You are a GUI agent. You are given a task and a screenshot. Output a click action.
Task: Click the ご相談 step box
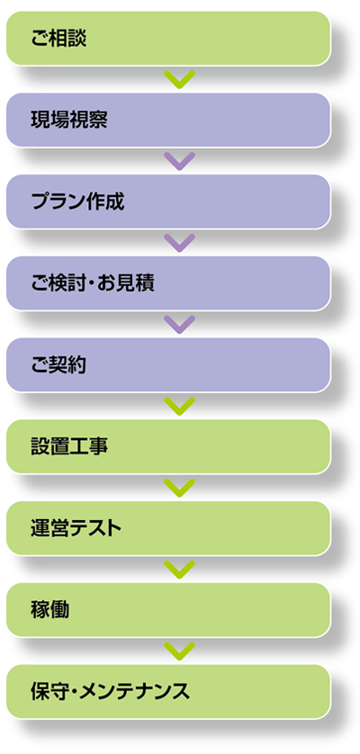[x=168, y=39]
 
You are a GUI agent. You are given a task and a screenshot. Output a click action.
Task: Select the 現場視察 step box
[x=168, y=120]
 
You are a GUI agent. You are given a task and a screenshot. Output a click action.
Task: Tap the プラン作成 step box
[x=168, y=202]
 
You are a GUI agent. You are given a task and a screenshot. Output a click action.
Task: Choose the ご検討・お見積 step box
[x=168, y=283]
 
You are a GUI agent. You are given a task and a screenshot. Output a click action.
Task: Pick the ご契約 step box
[x=168, y=365]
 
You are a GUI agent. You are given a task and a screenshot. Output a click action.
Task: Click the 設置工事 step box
[x=168, y=446]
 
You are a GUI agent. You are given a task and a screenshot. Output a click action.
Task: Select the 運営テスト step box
[x=168, y=528]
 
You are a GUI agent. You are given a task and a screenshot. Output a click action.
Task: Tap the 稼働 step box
[x=168, y=610]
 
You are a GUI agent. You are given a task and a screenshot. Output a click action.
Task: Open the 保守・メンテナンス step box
[x=168, y=692]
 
